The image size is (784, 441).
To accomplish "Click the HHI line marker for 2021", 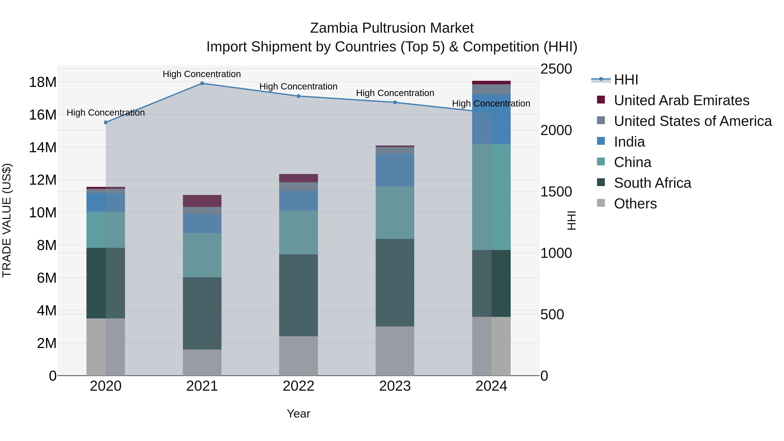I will pos(202,83).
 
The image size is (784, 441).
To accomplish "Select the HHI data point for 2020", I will pos(106,122).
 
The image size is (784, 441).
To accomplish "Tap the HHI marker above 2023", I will pos(395,103).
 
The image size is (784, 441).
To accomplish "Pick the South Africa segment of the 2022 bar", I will pos(298,295).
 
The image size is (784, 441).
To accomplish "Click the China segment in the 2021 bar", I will pos(202,255).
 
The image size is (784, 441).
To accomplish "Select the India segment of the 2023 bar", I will pos(395,170).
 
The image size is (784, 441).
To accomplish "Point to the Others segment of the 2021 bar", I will pos(202,362).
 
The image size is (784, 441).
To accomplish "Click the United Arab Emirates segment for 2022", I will pos(298,178).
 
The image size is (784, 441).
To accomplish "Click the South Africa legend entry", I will pos(652,183).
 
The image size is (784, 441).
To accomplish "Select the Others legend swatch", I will pos(601,203).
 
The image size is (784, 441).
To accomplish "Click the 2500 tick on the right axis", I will pos(556,69).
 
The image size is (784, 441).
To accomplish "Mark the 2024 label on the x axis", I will pos(491,386).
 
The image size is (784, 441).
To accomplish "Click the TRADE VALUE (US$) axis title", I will pos(7,220).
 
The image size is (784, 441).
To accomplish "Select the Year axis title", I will pos(298,414).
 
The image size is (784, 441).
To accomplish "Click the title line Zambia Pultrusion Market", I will pos(392,28).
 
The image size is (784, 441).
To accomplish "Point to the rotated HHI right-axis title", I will pos(572,220).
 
